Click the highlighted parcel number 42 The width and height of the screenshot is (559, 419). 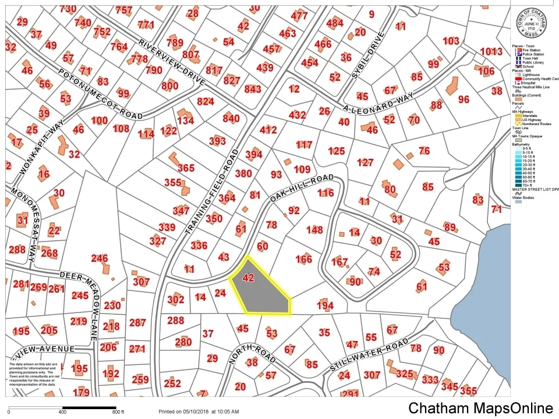(248, 278)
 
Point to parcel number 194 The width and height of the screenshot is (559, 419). (325, 306)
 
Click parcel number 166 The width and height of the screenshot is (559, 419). (304, 259)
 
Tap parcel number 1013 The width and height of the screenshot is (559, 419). (491, 51)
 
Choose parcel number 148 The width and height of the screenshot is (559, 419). (314, 230)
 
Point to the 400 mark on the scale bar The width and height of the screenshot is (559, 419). (62, 412)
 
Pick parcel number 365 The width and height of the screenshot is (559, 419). (186, 168)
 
